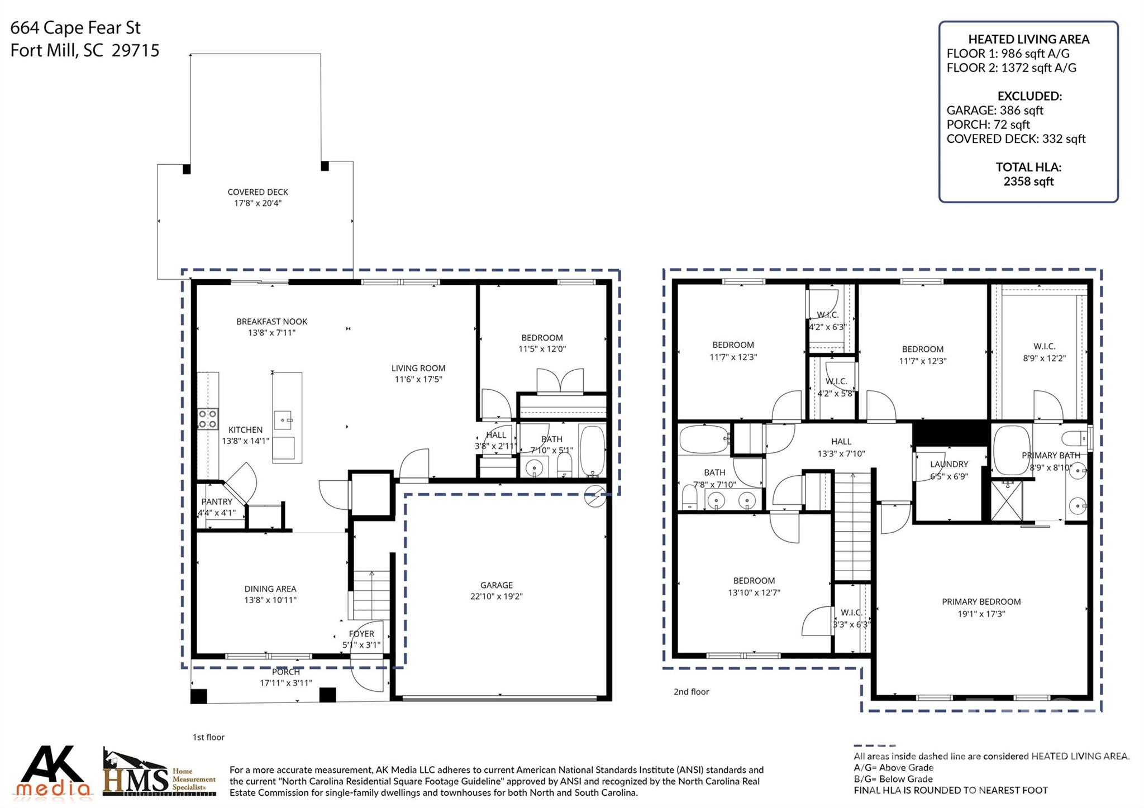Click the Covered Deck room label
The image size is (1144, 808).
coord(258,192)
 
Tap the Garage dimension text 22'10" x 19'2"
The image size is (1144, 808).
coord(496,596)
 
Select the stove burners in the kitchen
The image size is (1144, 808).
coord(207,419)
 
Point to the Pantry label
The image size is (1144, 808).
coord(217,502)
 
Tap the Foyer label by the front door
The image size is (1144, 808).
coord(361,634)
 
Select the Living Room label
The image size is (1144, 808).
coord(418,369)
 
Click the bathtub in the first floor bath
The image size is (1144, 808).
coord(592,451)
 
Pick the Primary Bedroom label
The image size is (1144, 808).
coord(981,602)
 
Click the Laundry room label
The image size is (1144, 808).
coord(949,465)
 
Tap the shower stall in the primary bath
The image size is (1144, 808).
coord(1007,500)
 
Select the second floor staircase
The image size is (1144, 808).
coord(852,525)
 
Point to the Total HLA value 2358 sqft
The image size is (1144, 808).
coord(1028,181)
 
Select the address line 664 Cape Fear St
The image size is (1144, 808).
coord(75,28)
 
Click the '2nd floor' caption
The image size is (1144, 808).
coord(691,692)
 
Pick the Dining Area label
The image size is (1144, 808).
coord(270,589)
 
